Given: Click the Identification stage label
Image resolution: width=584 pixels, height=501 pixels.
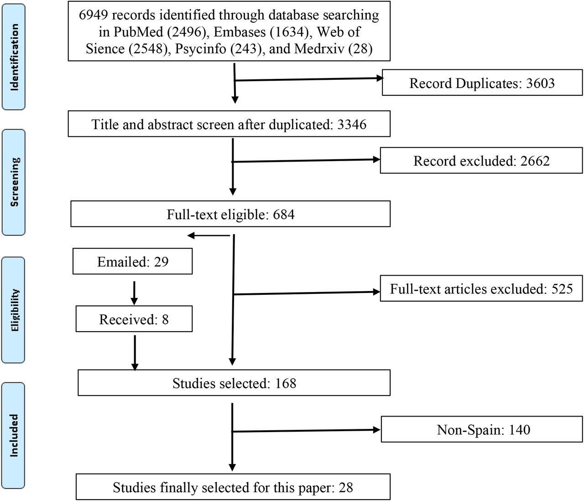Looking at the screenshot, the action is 14,57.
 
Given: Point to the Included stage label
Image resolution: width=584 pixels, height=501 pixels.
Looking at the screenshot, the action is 13,435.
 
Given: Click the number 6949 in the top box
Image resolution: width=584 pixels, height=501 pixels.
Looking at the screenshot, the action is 93,15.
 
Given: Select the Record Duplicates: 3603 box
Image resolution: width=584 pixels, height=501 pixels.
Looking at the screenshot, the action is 482,83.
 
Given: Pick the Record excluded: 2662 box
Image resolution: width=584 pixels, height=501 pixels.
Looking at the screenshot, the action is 481,160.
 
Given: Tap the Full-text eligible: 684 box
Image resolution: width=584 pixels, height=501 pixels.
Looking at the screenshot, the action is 230,214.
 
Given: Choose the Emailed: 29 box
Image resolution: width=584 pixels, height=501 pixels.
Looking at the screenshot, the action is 132,261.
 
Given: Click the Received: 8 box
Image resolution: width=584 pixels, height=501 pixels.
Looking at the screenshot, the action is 134,319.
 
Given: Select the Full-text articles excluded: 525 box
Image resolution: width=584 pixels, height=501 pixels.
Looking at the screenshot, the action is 481,288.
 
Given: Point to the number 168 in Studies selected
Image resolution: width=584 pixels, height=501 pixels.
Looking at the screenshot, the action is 286,383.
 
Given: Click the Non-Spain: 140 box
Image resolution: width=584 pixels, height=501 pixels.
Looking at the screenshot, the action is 482,429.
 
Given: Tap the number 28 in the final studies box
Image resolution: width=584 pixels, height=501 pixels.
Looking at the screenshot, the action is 346,487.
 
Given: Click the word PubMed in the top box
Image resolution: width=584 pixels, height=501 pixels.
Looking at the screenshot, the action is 138,31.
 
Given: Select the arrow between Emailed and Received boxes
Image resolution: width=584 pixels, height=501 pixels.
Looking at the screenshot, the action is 134,293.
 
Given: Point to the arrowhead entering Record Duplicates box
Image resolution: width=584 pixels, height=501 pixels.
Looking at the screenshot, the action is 379,78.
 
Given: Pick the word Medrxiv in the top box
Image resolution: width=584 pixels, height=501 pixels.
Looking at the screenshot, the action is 319,49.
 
